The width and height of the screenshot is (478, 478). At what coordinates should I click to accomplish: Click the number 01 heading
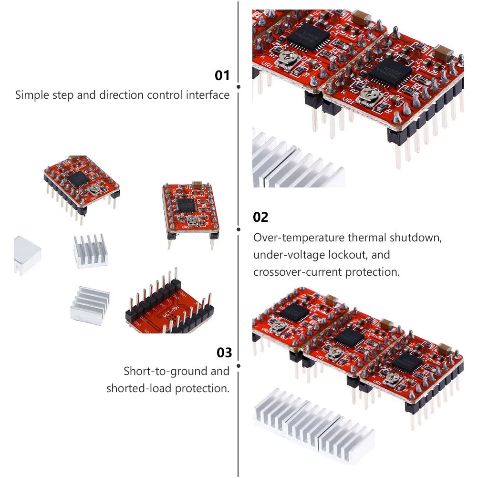pos(222,75)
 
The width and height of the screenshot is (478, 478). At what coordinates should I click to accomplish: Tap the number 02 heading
pos(260,218)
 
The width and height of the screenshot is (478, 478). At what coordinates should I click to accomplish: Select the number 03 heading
pos(224,353)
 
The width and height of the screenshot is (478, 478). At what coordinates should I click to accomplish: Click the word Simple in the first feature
pos(31,94)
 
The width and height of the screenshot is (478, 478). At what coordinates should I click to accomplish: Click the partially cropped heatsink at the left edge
pos(26,254)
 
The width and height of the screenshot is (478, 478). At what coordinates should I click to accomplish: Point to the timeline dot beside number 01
pos(239,87)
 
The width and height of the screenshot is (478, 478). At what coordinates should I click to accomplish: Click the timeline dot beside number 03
pos(239,366)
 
